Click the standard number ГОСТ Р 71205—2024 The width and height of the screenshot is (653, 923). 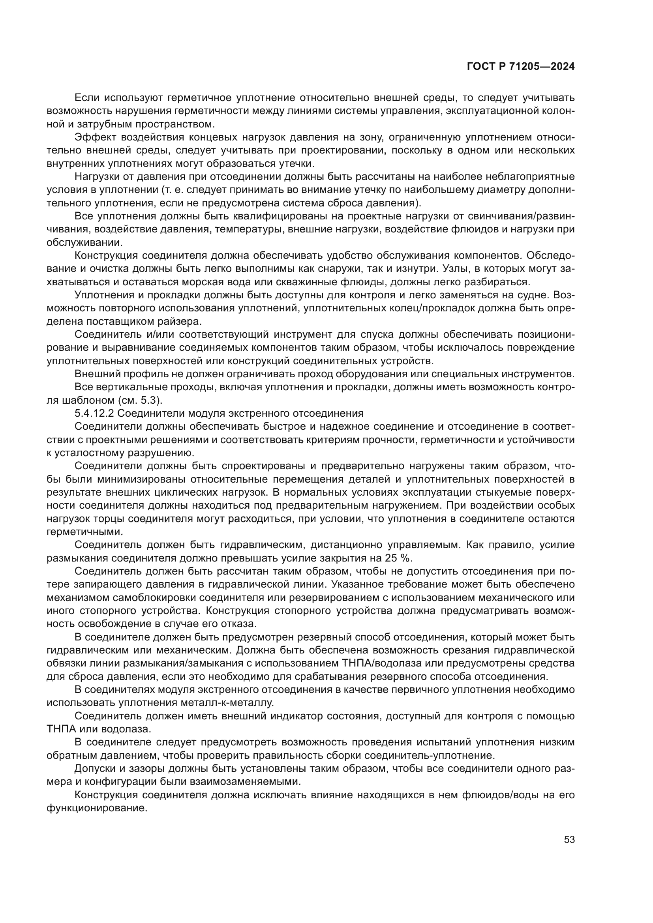coord(521,67)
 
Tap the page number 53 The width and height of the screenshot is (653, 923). coord(569,839)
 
